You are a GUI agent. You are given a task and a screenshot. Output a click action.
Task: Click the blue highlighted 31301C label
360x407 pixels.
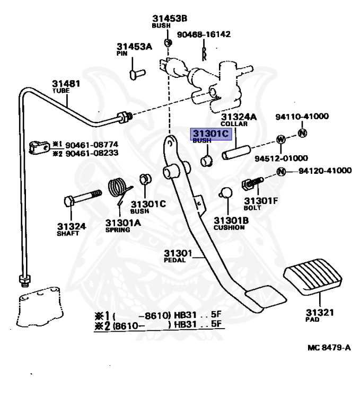tap(210, 134)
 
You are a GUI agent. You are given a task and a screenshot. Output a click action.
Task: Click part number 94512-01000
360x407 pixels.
tap(284, 158)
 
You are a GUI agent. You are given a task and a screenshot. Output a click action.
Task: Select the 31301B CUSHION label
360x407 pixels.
tap(229, 223)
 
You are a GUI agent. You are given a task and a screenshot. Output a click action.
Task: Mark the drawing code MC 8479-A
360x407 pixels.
tap(329, 348)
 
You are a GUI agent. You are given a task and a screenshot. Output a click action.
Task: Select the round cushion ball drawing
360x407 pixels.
tap(226, 192)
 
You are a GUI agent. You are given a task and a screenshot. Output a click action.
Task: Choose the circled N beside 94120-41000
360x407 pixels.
tap(281, 171)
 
